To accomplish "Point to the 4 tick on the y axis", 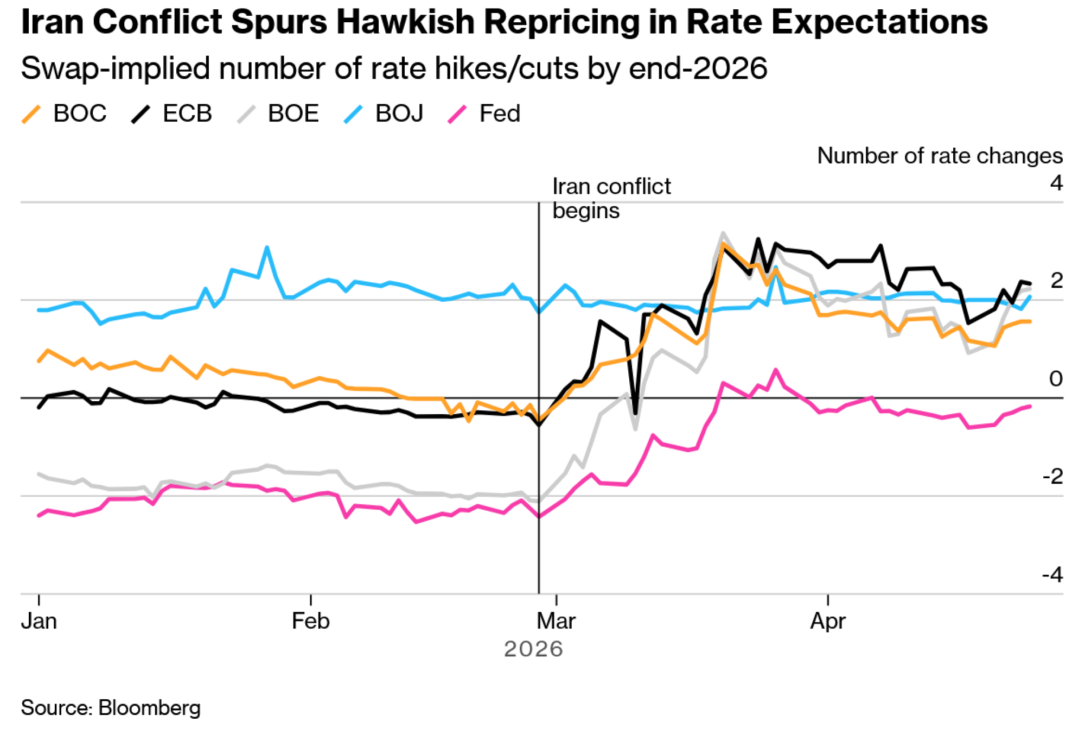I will (x=1056, y=183).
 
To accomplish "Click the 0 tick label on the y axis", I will (x=1056, y=379).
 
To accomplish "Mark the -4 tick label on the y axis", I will (x=1052, y=574).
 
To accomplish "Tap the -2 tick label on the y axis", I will (x=1052, y=477).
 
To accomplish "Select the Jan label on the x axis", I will (x=39, y=621).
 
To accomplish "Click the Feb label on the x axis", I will (x=310, y=621).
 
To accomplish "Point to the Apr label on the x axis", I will (x=828, y=621).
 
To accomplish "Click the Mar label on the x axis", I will (x=556, y=621).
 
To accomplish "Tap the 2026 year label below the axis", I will (x=533, y=649).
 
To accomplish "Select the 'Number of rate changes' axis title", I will (x=940, y=156).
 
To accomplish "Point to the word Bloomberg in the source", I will (x=150, y=708).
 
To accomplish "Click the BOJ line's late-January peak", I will (x=267, y=248).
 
